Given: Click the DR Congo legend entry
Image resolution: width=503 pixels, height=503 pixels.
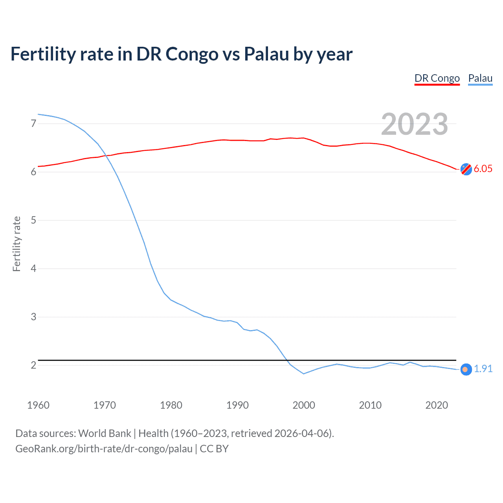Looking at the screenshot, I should (x=437, y=78).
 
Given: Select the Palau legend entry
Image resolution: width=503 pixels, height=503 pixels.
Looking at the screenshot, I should (x=480, y=78).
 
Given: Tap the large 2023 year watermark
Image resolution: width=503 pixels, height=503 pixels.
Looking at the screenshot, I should (x=414, y=124).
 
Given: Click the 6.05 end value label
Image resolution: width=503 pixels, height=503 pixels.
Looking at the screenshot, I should (x=483, y=169).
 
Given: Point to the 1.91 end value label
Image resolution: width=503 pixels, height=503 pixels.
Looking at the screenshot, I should (x=483, y=369).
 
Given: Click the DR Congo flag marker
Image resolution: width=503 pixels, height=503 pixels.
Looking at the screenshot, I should (x=466, y=169).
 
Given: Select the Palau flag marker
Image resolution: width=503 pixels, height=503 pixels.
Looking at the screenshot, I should (x=466, y=369).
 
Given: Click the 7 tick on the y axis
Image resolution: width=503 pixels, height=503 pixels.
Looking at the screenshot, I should (x=33, y=123).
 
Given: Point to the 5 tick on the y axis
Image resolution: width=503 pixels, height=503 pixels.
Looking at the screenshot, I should (x=33, y=220).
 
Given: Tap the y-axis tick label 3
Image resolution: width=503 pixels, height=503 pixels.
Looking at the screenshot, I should (x=33, y=317).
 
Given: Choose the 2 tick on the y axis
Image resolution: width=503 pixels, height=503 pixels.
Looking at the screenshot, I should (x=33, y=365).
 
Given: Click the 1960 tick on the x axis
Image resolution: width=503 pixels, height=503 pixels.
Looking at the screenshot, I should (x=38, y=405).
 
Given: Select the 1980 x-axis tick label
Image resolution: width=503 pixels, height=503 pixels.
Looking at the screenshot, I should (x=171, y=405).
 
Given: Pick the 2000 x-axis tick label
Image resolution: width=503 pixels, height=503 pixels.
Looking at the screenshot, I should (x=304, y=405).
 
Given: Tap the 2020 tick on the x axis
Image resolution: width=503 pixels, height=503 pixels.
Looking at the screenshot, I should (x=437, y=405).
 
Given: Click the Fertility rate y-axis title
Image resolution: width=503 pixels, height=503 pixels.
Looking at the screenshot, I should (x=17, y=244).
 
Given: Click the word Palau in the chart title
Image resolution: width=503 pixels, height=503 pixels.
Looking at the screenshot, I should (x=266, y=54).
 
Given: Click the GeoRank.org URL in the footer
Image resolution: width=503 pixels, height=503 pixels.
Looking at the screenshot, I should (x=104, y=449).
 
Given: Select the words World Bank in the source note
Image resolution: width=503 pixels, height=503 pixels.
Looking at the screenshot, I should (x=105, y=433).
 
